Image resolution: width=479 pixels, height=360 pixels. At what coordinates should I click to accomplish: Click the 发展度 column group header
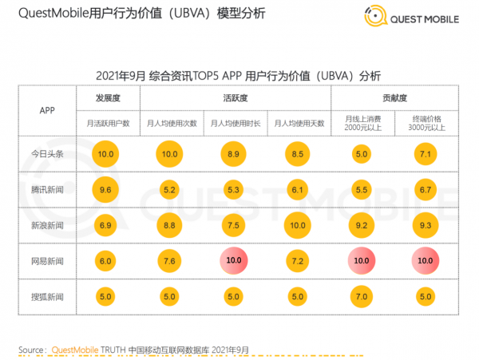pyautogui.click(x=106, y=97)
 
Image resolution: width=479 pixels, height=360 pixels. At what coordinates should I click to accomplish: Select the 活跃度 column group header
pyautogui.click(x=235, y=97)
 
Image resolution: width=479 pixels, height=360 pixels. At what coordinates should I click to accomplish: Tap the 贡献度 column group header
pyautogui.click(x=395, y=97)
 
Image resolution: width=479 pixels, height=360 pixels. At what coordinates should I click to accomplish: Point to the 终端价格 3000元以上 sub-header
pyautogui.click(x=427, y=123)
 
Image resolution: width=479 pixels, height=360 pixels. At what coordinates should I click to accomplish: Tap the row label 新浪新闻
pyautogui.click(x=46, y=226)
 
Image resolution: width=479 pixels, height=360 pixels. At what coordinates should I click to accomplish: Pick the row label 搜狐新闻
pyautogui.click(x=46, y=298)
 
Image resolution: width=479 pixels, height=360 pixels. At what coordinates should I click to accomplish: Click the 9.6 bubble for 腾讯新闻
pyautogui.click(x=106, y=190)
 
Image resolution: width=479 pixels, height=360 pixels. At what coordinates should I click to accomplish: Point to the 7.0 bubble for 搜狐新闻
pyautogui.click(x=362, y=298)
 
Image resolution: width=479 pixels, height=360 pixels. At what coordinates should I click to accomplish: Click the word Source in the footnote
pyautogui.click(x=31, y=350)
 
